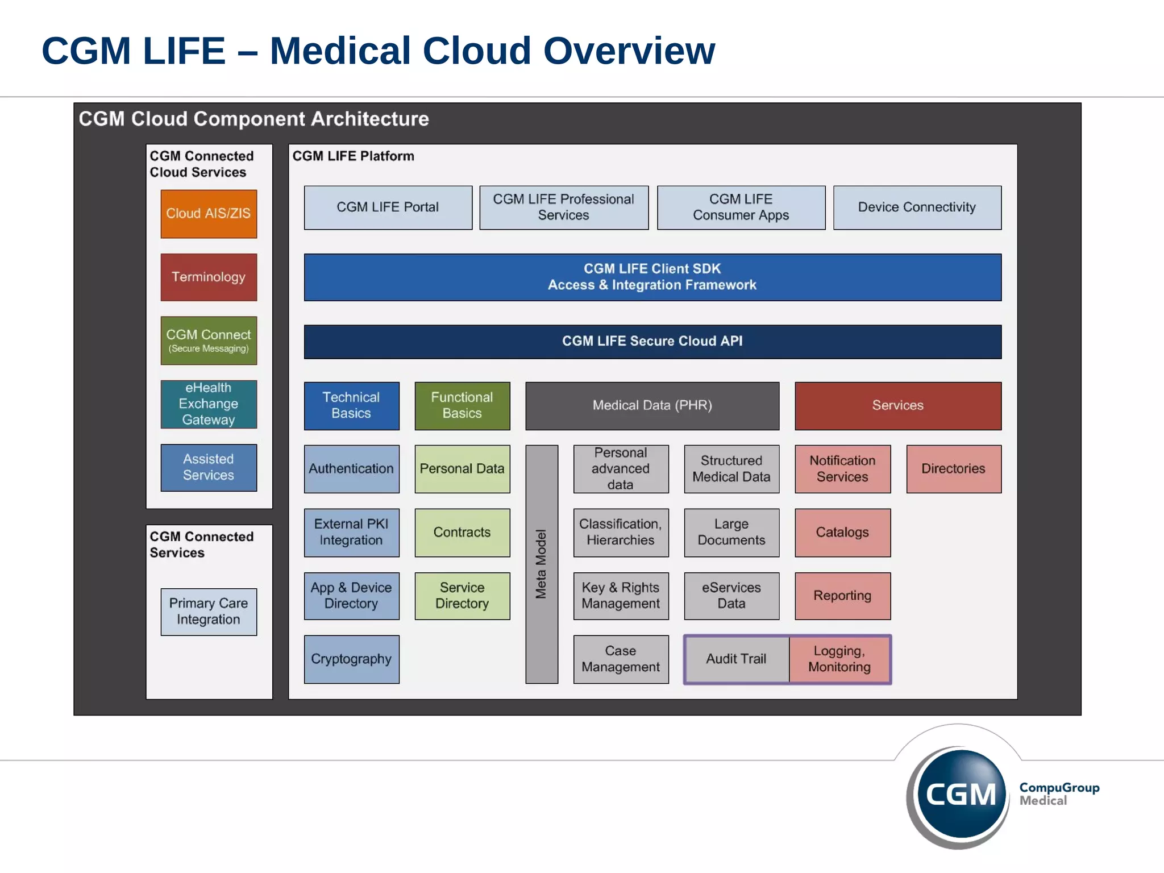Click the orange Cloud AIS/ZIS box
pyautogui.click(x=209, y=214)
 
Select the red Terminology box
pyautogui.click(x=209, y=277)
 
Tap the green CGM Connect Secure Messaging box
pyautogui.click(x=209, y=340)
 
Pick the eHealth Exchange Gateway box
pyautogui.click(x=209, y=404)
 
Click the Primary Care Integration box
pyautogui.click(x=209, y=612)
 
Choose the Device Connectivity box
pyautogui.click(x=917, y=207)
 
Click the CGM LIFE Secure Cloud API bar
pyautogui.click(x=652, y=342)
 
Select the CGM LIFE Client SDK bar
pyautogui.click(x=652, y=277)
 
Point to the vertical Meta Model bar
pyautogui.click(x=541, y=564)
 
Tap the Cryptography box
pyautogui.click(x=351, y=659)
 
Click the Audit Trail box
pyautogui.click(x=736, y=659)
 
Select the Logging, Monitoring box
pyautogui.click(x=839, y=659)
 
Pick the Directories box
pyautogui.click(x=953, y=469)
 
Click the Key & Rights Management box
pyautogui.click(x=621, y=596)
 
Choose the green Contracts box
pyautogui.click(x=462, y=533)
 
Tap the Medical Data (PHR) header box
pyautogui.click(x=652, y=406)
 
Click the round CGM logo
pyautogui.click(x=960, y=794)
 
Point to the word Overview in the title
pyautogui.click(x=629, y=51)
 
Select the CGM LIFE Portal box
pyautogui.click(x=388, y=207)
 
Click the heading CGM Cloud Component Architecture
pyautogui.click(x=253, y=119)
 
